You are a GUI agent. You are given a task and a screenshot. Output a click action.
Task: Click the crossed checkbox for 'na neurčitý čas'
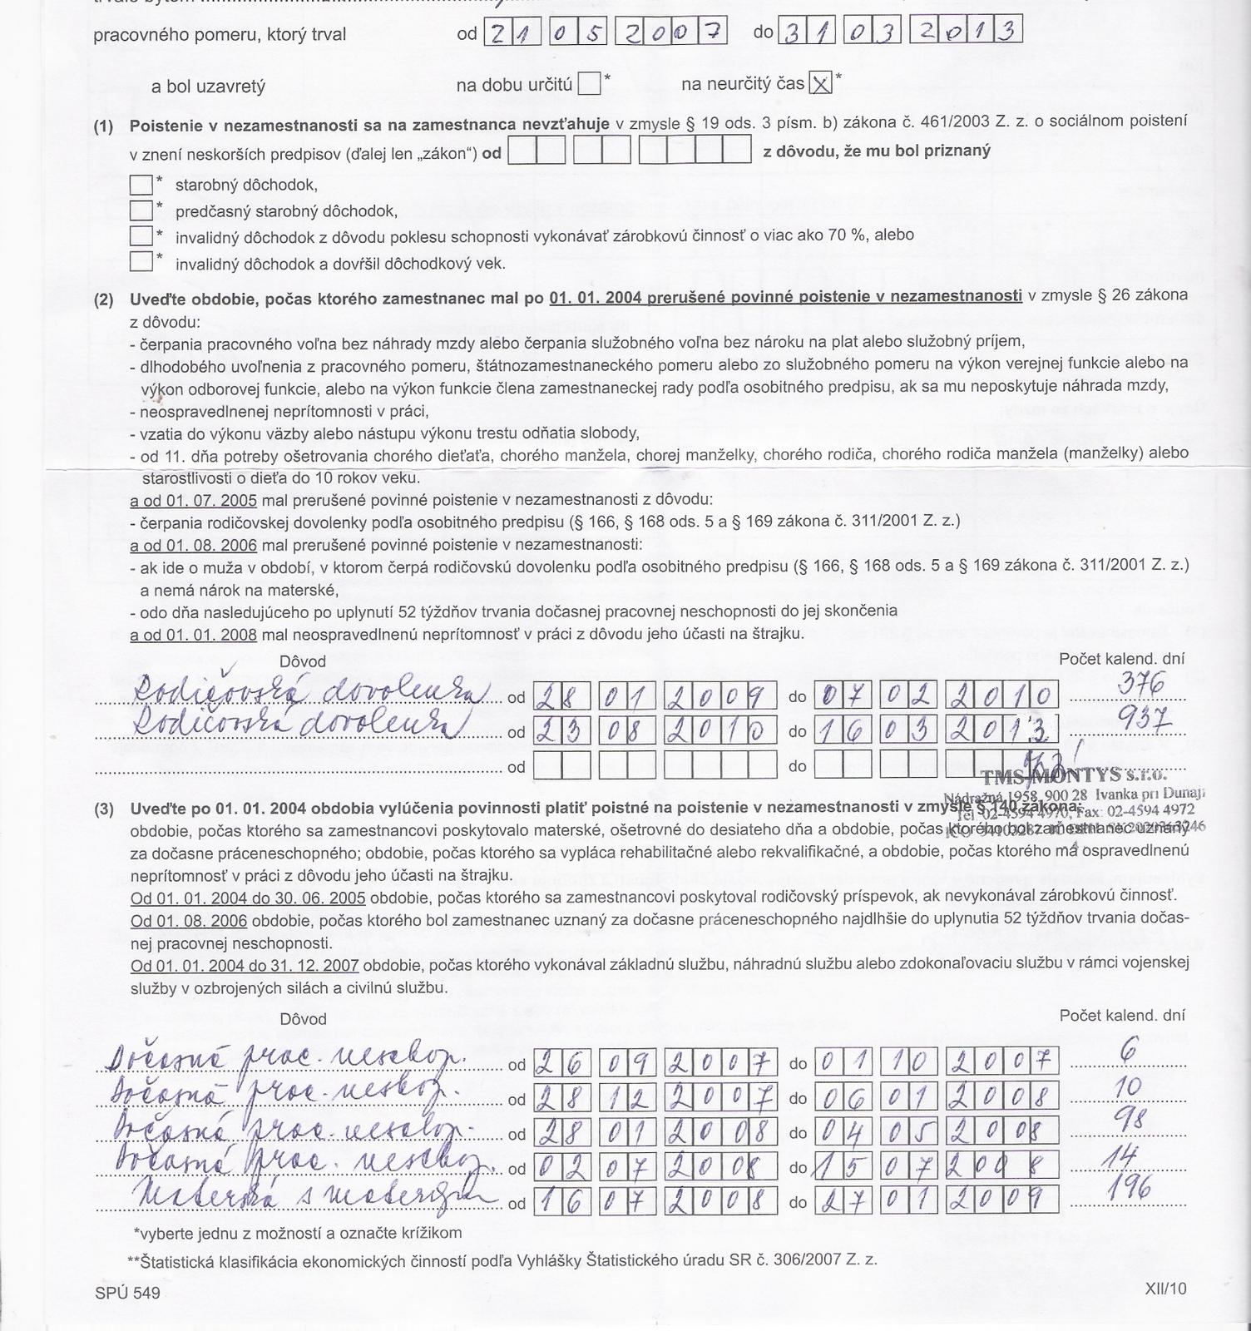(821, 83)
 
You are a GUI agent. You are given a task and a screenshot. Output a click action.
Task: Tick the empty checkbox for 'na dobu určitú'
(589, 84)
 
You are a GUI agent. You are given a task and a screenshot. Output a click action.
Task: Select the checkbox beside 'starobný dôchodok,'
(141, 185)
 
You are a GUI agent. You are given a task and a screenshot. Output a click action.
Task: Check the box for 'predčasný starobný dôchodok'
(141, 210)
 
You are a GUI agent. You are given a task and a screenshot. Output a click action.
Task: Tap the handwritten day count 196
(1130, 1187)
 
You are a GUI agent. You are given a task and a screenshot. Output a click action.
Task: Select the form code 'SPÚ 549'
(126, 1293)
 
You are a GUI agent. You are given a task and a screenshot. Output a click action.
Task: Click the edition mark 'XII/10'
(1165, 1289)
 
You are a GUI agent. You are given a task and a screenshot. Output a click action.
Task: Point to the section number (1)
(103, 127)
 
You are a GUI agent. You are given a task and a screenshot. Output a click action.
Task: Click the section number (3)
(103, 809)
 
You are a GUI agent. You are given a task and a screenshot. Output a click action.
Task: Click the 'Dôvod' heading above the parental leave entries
(304, 662)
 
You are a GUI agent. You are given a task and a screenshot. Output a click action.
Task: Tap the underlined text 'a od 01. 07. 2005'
(193, 501)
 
